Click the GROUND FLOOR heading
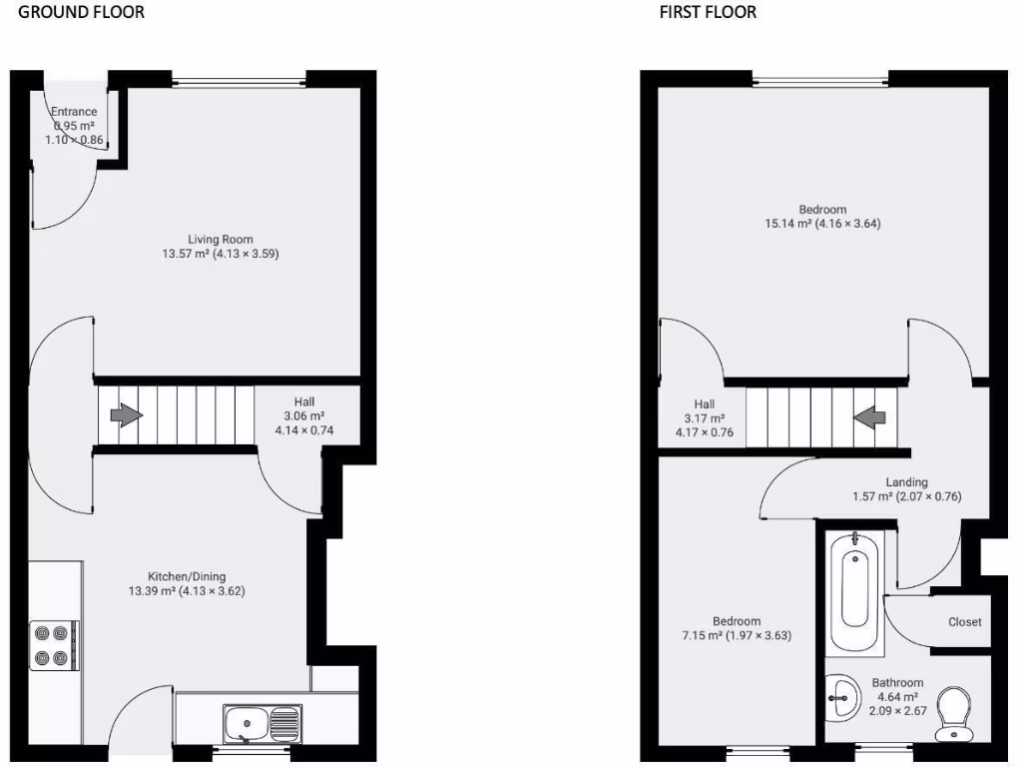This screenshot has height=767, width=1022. [81, 12]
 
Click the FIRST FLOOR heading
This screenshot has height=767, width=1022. [708, 12]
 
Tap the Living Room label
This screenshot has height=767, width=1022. [221, 240]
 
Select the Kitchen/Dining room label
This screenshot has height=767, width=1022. [187, 576]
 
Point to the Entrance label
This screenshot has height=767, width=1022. [74, 112]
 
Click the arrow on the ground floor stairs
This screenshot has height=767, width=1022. [125, 415]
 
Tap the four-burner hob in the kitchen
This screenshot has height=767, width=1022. [54, 645]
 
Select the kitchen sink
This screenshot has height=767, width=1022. [262, 722]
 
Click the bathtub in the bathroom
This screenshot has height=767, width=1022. [855, 593]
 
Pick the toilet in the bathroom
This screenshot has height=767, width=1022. [954, 713]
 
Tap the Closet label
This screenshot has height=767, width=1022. [964, 622]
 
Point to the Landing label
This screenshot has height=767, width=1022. [906, 482]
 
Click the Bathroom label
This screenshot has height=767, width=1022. [898, 683]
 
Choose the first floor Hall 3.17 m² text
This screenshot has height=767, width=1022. [705, 418]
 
